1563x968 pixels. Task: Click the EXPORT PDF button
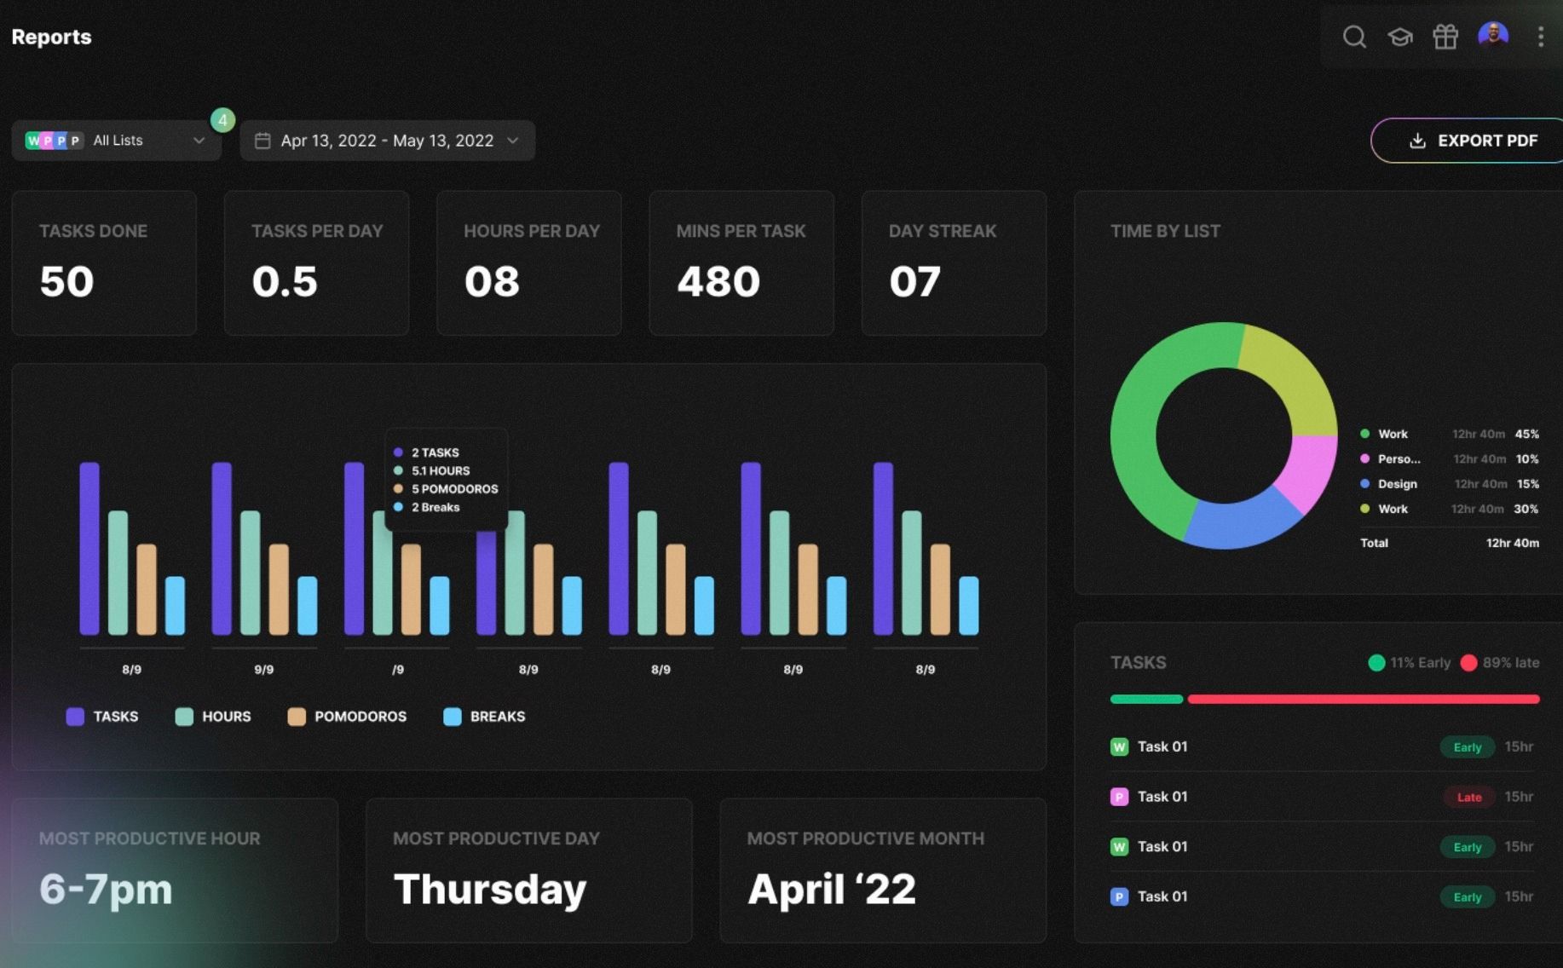click(1473, 141)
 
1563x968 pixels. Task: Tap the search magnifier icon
click(1354, 37)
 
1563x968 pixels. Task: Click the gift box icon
click(1445, 37)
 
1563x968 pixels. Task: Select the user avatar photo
click(1493, 36)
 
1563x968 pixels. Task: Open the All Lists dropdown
click(116, 141)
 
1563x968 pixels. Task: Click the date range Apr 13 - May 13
click(387, 141)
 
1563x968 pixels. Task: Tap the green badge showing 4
click(222, 120)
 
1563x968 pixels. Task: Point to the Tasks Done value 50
click(66, 281)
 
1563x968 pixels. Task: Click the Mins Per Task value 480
click(718, 281)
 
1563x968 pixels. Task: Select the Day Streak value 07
click(914, 281)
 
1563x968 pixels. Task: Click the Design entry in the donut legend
click(1397, 484)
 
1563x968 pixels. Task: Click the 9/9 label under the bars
click(264, 670)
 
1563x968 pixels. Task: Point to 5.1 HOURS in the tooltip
click(440, 470)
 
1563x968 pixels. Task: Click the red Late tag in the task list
click(1468, 798)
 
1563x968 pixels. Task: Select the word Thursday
click(490, 889)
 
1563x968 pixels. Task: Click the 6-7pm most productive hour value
click(106, 889)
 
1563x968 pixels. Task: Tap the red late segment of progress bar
click(1364, 699)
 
